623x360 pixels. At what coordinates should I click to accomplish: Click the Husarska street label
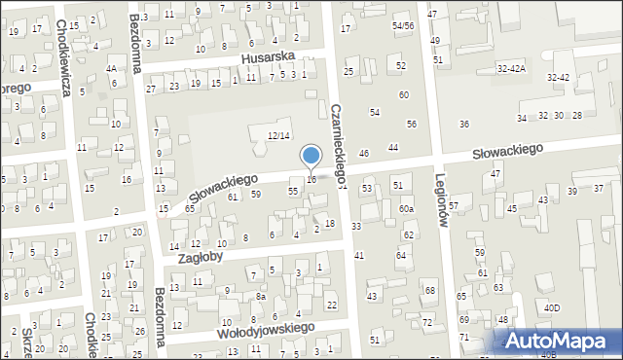click(268, 59)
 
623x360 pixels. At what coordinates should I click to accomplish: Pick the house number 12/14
click(278, 135)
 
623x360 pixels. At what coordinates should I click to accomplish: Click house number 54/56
click(403, 25)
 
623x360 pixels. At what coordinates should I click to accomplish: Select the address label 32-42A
click(511, 69)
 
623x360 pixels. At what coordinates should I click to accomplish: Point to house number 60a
click(406, 209)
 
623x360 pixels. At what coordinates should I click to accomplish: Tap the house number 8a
click(260, 296)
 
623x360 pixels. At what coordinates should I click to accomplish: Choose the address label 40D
click(552, 308)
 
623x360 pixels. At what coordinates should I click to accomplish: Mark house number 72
click(426, 322)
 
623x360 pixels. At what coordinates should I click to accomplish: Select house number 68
click(429, 291)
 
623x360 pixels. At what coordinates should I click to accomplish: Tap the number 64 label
click(401, 255)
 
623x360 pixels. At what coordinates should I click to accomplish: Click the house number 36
click(464, 125)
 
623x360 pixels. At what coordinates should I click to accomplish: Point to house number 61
click(233, 198)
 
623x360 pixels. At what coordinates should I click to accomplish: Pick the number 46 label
click(364, 154)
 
